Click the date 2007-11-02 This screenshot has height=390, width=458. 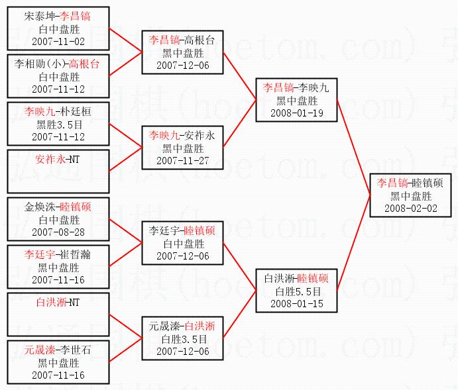58,41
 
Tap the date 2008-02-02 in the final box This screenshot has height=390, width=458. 411,208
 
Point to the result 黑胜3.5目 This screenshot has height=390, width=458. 58,124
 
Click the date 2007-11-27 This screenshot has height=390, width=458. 182,160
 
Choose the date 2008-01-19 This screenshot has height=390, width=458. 297,113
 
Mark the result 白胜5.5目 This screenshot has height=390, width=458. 297,291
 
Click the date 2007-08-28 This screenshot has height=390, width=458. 58,232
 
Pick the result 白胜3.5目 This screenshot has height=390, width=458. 182,338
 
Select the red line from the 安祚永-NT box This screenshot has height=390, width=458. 126,160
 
